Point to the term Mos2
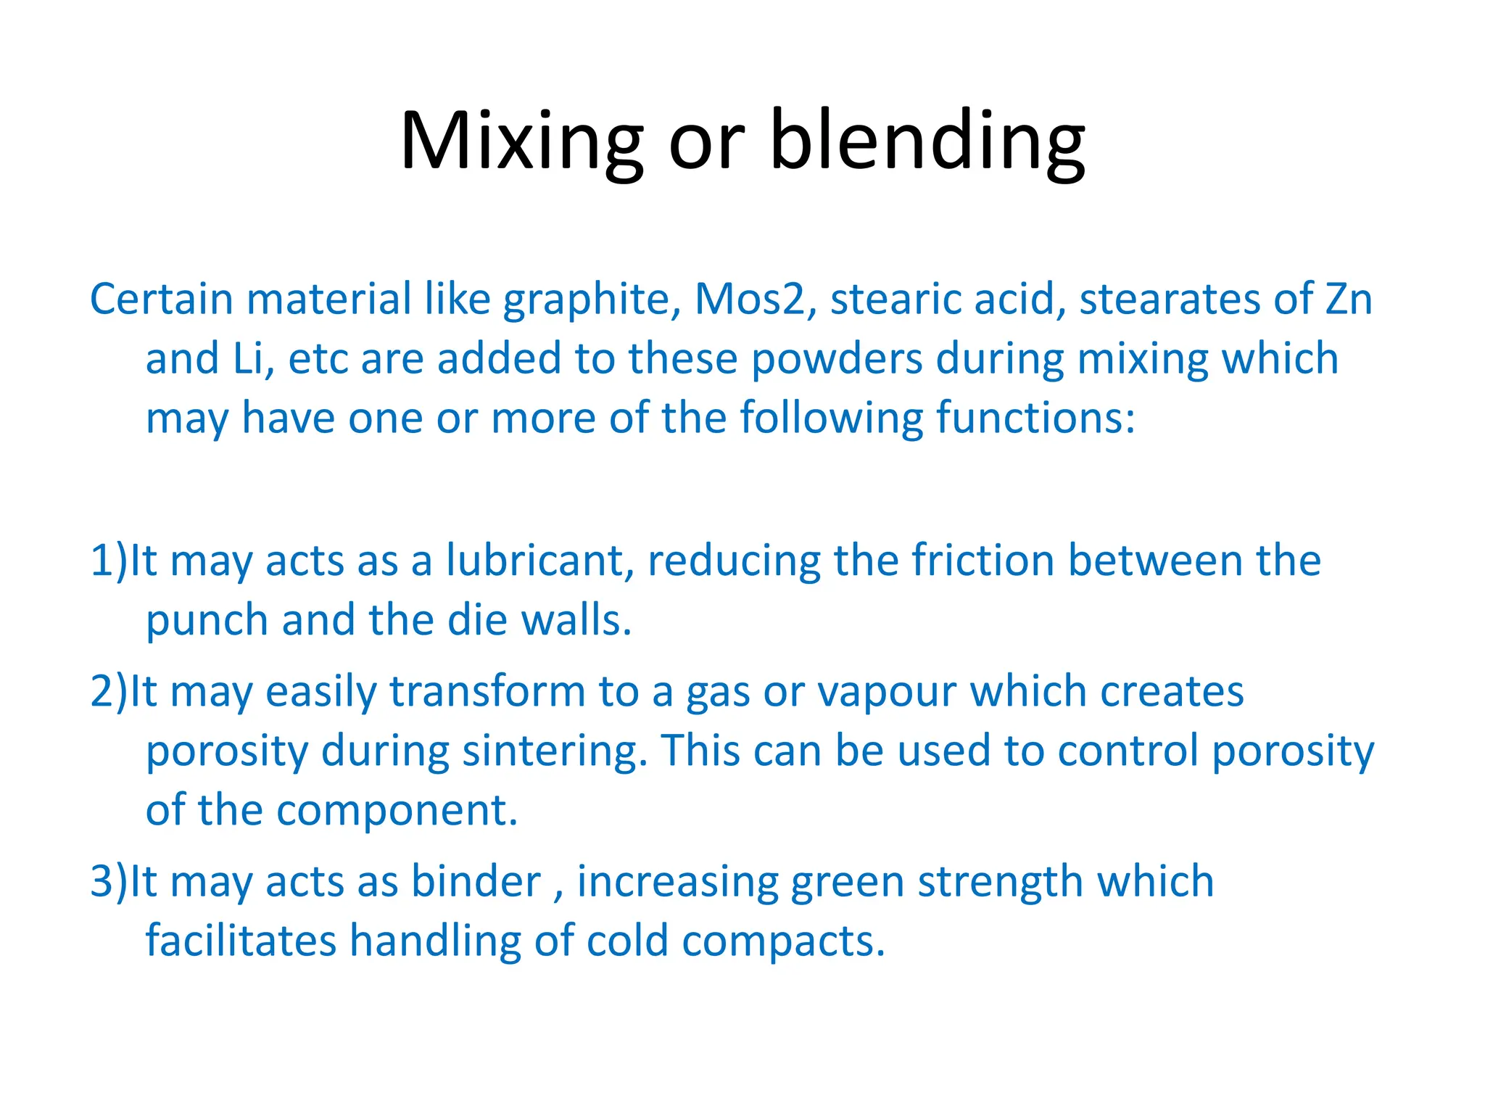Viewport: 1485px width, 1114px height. [x=750, y=299]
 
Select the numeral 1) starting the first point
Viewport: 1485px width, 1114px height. [x=109, y=561]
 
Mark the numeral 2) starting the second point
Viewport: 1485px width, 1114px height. [x=109, y=692]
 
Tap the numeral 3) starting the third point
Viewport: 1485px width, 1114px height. [x=109, y=882]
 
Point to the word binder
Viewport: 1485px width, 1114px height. [x=476, y=882]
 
